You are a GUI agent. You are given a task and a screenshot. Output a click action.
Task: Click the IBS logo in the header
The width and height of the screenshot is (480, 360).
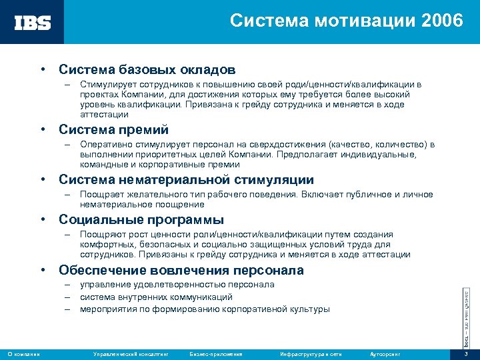click(x=33, y=22)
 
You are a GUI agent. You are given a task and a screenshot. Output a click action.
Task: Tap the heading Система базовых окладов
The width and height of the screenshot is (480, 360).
click(x=147, y=69)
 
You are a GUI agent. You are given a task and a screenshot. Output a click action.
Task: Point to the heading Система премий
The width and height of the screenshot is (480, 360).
click(x=113, y=129)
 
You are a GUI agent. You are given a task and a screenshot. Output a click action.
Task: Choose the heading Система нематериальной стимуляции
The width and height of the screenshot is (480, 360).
click(x=186, y=179)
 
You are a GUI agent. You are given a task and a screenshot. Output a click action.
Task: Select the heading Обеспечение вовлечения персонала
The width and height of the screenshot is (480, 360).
click(x=181, y=270)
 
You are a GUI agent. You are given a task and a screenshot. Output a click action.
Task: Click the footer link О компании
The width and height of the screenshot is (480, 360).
click(x=23, y=353)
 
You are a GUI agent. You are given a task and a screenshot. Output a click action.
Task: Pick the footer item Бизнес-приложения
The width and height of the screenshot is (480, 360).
click(x=216, y=353)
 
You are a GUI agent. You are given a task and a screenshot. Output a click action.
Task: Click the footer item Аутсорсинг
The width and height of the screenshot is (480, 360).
click(x=387, y=353)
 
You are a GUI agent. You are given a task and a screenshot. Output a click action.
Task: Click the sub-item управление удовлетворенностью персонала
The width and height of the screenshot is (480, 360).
click(x=177, y=285)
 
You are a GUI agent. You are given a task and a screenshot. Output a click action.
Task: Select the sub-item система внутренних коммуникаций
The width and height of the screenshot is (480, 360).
click(x=156, y=297)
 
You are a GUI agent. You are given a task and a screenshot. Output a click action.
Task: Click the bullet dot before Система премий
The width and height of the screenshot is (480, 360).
click(x=42, y=129)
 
